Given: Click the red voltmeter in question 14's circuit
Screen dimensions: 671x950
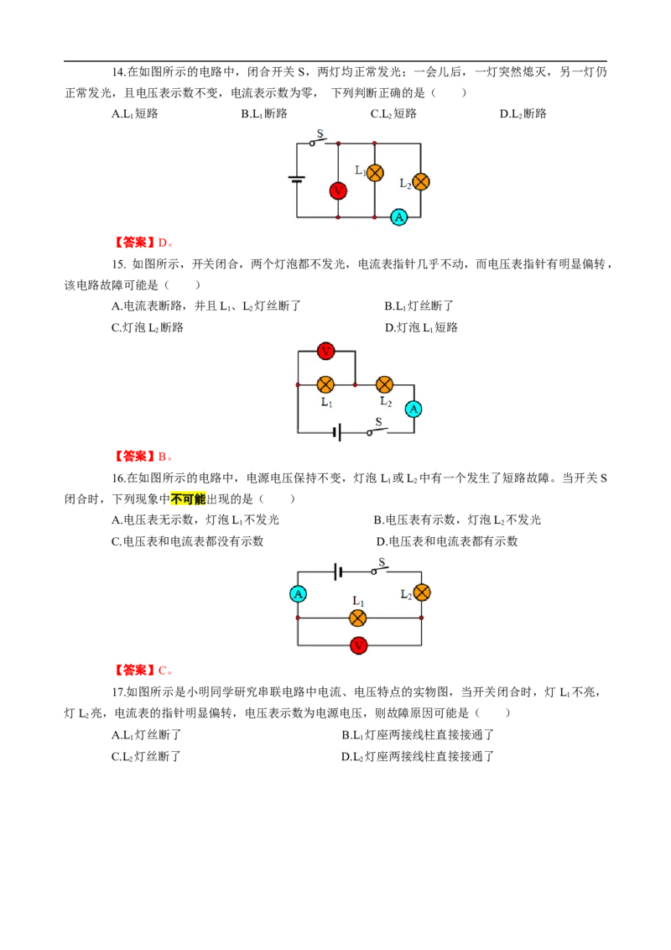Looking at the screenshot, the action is pyautogui.click(x=338, y=191).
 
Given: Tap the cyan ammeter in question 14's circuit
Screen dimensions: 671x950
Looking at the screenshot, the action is pyautogui.click(x=398, y=217).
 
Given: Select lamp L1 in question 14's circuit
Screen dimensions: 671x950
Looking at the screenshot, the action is pyautogui.click(x=375, y=173).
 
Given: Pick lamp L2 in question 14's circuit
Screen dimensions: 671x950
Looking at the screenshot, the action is pyautogui.click(x=420, y=182).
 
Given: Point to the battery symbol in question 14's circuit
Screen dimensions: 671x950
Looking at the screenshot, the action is pyautogui.click(x=296, y=179).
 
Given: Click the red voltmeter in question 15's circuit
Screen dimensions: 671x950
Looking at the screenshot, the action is pyautogui.click(x=325, y=351).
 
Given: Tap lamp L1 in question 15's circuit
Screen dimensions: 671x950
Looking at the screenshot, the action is pyautogui.click(x=325, y=384).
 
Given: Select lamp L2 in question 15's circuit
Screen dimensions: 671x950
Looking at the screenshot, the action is pyautogui.click(x=384, y=384).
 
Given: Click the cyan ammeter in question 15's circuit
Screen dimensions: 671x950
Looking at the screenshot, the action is pyautogui.click(x=414, y=410).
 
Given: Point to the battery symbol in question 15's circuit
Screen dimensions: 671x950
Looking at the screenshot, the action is pyautogui.click(x=338, y=432).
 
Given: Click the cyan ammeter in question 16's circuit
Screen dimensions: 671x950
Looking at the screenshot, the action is pyautogui.click(x=298, y=594).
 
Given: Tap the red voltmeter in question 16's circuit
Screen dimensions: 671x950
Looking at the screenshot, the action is pyautogui.click(x=358, y=646).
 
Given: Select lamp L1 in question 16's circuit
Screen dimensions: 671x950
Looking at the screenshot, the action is pyautogui.click(x=358, y=618).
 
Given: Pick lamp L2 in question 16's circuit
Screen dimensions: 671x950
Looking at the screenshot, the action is pyautogui.click(x=422, y=592).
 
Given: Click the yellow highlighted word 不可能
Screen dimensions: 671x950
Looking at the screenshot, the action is pyautogui.click(x=189, y=499).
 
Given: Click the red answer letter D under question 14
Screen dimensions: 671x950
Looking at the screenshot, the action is pyautogui.click(x=163, y=243).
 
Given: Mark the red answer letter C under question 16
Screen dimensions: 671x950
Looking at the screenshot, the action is pyautogui.click(x=163, y=671).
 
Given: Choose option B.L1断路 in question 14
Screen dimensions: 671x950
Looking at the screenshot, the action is pyautogui.click(x=264, y=113).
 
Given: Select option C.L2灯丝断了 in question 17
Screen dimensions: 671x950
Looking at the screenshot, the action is pyautogui.click(x=146, y=756).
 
